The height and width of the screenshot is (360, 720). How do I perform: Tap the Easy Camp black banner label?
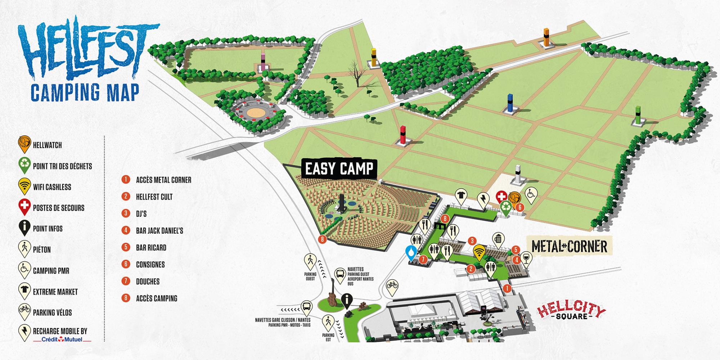click(x=339, y=168)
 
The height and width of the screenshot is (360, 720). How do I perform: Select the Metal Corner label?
click(x=569, y=247)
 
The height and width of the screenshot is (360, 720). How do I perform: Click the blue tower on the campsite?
click(x=510, y=103)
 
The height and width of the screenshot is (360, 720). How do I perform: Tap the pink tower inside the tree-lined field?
click(x=263, y=61)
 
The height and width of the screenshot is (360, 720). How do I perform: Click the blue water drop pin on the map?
click(x=411, y=252)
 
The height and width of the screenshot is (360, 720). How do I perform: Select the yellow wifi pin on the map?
click(x=478, y=252)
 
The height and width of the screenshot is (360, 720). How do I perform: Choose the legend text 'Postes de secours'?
click(x=58, y=208)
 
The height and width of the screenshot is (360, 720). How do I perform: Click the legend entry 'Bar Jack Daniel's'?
click(x=159, y=230)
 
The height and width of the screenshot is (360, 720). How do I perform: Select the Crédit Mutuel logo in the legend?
click(x=62, y=339)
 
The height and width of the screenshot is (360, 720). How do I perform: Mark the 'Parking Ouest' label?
click(x=310, y=276)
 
